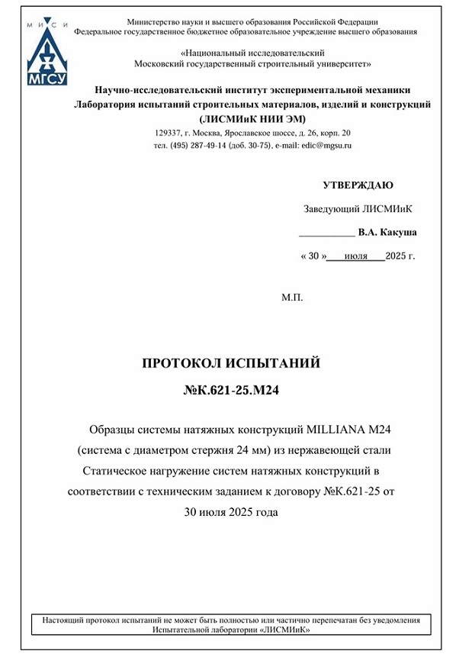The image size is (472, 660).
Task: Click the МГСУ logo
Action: point(48,53)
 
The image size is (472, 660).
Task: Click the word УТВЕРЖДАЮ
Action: point(358,185)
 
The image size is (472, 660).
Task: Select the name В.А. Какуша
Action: point(387,232)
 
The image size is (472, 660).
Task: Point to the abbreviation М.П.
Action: point(292,298)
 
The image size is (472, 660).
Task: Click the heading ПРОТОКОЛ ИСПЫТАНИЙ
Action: point(231,363)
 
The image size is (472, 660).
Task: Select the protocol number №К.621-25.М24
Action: point(231,391)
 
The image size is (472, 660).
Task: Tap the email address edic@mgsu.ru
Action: point(326,145)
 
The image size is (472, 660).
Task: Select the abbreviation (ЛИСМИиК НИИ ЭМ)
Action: point(252,118)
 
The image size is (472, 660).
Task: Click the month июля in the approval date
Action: point(356,256)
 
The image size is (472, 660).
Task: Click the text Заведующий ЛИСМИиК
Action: point(358,209)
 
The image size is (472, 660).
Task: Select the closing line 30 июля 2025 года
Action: point(231,512)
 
